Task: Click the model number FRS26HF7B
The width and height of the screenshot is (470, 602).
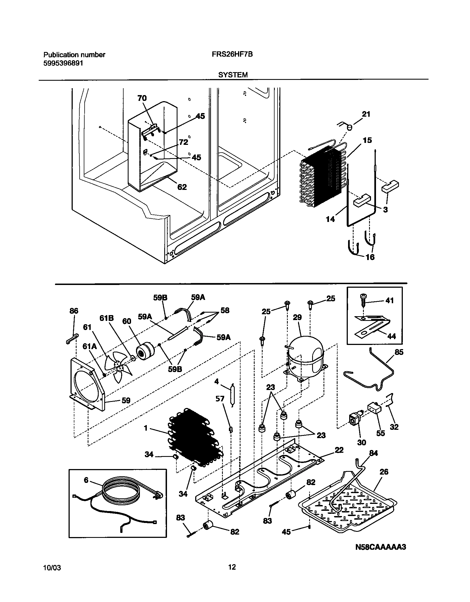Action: pyautogui.click(x=232, y=54)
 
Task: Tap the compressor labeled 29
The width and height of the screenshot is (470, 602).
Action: pyautogui.click(x=305, y=357)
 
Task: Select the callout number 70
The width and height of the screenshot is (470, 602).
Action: pyautogui.click(x=142, y=98)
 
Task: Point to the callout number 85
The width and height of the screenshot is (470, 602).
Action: pyautogui.click(x=399, y=352)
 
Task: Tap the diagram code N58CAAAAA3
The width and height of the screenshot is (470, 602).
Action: pyautogui.click(x=381, y=547)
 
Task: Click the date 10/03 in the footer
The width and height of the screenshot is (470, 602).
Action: pyautogui.click(x=52, y=568)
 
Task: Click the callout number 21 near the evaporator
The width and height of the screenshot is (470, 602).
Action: pyautogui.click(x=366, y=114)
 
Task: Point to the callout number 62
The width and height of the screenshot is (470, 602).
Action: pyautogui.click(x=182, y=187)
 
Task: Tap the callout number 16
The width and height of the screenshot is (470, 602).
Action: pyautogui.click(x=370, y=257)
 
